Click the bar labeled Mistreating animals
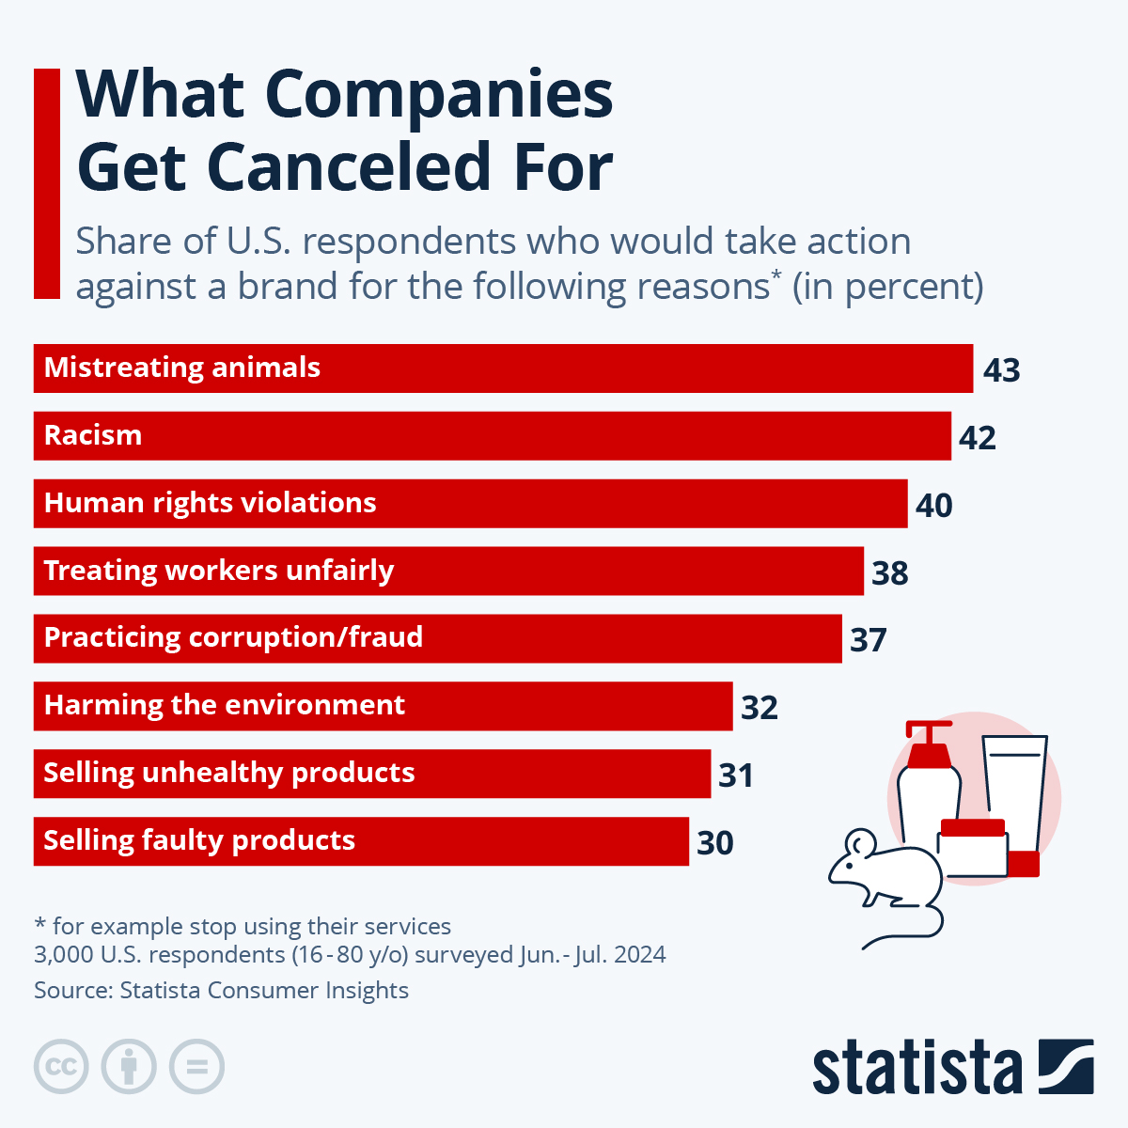503,368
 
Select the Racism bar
492,436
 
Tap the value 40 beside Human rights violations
934,506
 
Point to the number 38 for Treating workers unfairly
890,573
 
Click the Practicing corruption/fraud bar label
233,637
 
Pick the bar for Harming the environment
383,706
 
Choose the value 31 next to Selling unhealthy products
736,775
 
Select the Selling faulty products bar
361,841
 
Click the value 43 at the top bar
1002,370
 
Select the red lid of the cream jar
973,828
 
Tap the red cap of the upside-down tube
1024,864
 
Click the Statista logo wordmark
916,1068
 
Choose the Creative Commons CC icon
61,1067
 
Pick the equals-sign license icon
197,1067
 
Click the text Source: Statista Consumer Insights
221,991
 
